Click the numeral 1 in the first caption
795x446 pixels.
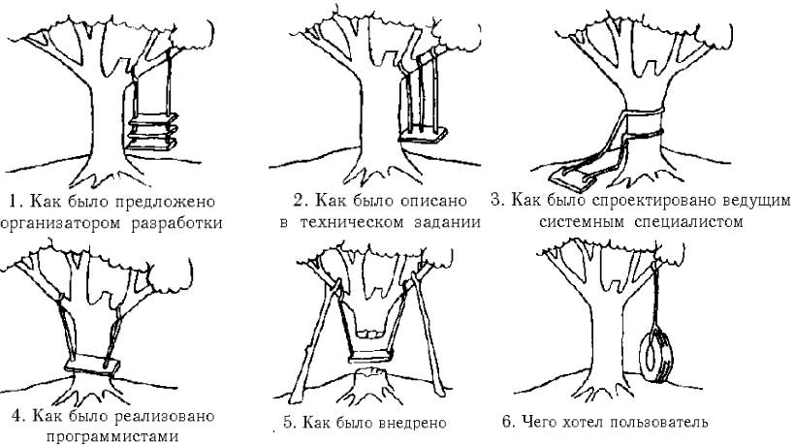point(12,202)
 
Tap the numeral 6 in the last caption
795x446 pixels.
point(508,422)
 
